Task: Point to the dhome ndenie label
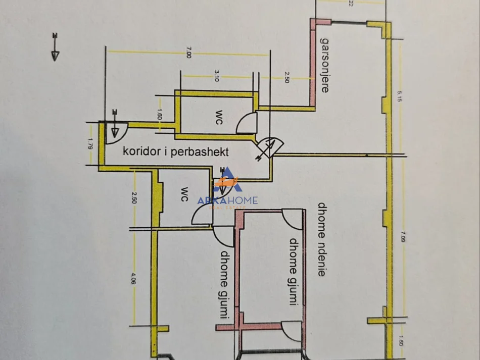click(x=321, y=239)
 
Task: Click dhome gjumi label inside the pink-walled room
click(x=293, y=272)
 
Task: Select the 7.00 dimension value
click(x=188, y=53)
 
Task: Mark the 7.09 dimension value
click(x=401, y=236)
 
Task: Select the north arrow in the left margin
click(x=56, y=46)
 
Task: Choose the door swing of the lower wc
click(x=201, y=217)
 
